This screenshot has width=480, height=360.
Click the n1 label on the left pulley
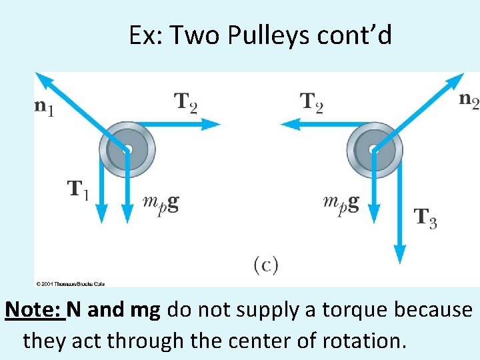pos(44,107)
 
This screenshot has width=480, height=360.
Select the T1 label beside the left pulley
pos(78,189)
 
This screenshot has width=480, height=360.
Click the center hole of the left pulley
pos(127,149)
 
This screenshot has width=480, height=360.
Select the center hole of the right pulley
pos(375,149)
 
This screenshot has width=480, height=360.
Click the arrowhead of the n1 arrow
pos(44,80)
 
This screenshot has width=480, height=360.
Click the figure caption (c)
pos(265,265)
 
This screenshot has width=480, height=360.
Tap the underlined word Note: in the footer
pos(35,310)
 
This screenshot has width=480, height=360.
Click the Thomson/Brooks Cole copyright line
pos(71,283)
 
